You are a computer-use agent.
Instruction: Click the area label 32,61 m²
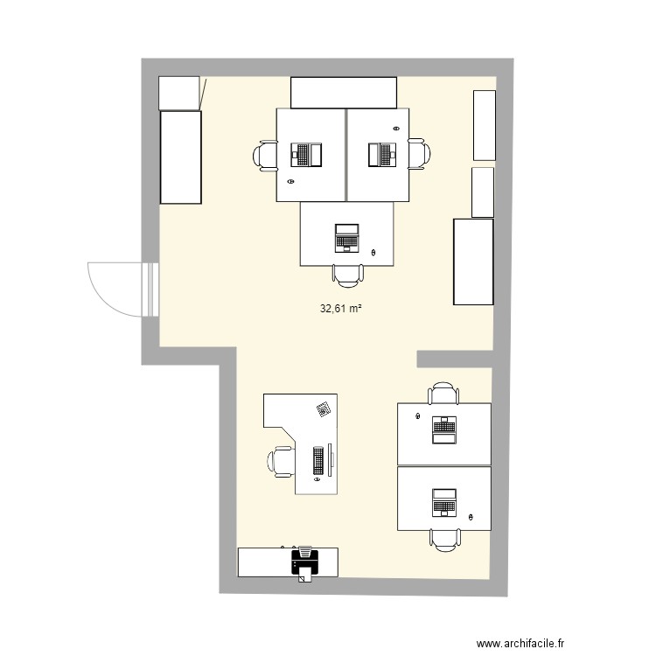tap(341, 308)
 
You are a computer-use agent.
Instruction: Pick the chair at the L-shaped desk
tap(282, 461)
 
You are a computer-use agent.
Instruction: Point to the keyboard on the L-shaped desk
tap(318, 461)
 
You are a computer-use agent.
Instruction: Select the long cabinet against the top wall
tap(344, 92)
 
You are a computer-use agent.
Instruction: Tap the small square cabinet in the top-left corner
tap(179, 93)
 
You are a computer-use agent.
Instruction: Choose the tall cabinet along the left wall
tap(180, 157)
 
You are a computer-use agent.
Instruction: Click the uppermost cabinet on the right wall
tap(484, 124)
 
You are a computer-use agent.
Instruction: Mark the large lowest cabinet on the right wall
tap(473, 262)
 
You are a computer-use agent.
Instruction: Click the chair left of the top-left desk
tap(265, 156)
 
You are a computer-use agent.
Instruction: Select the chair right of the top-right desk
tap(419, 155)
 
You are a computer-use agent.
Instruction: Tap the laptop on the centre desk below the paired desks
tap(346, 237)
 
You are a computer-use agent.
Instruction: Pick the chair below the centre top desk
tap(347, 275)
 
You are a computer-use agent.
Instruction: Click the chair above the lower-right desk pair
tap(443, 394)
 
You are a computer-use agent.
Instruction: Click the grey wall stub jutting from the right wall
tap(454, 359)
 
